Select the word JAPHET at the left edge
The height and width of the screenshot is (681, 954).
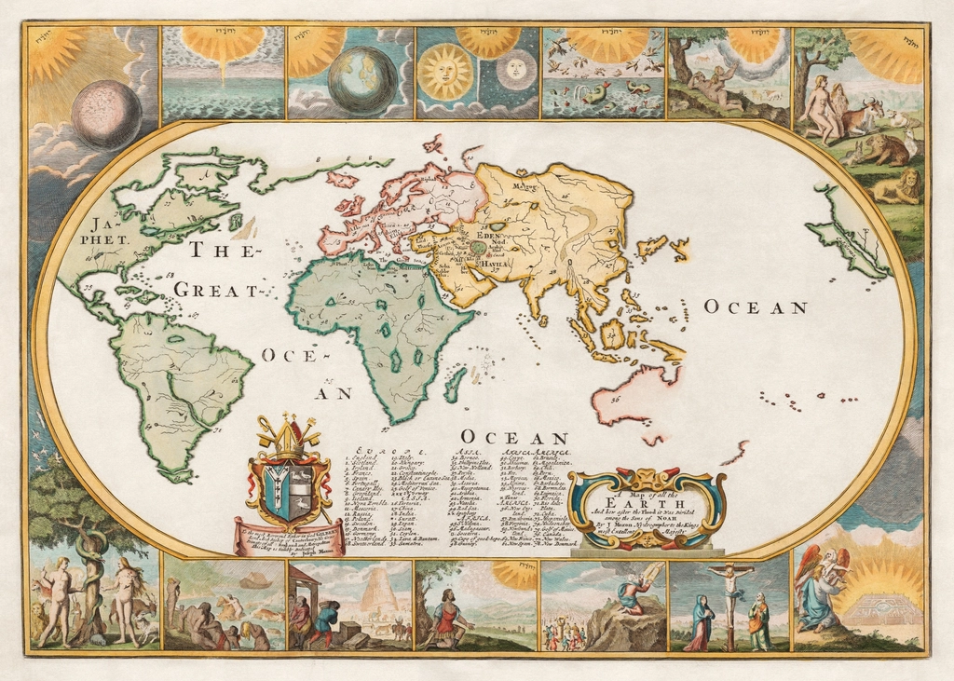coord(108,230)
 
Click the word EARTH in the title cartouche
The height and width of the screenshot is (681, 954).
coord(648,504)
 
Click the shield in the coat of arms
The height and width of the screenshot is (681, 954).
coord(287,491)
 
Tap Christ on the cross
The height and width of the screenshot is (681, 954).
coord(730,587)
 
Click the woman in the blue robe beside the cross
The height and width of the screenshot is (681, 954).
coord(701,621)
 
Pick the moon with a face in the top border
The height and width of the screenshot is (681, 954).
coord(514,68)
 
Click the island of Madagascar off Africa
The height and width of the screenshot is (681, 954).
coord(455,384)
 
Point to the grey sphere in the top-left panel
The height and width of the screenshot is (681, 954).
coord(107,115)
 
